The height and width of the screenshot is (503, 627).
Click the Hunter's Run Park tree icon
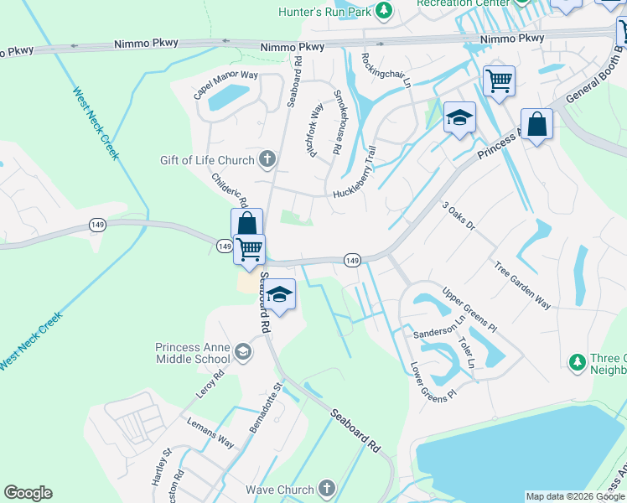pyautogui.click(x=384, y=10)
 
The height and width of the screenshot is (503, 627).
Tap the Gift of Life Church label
pyautogui.click(x=206, y=160)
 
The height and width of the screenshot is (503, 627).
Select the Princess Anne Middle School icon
pyautogui.click(x=243, y=350)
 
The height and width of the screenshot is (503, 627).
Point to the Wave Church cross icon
pyautogui.click(x=326, y=488)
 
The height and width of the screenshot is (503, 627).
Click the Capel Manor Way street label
pyautogui.click(x=225, y=85)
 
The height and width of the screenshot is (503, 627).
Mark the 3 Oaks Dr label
pyautogui.click(x=458, y=215)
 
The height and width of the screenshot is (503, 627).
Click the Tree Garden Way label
pyautogui.click(x=522, y=287)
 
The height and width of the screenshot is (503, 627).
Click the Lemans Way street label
pyautogui.click(x=210, y=433)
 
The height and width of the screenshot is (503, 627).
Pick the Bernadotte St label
pyautogui.click(x=267, y=408)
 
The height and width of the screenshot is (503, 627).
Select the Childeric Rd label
pyautogui.click(x=230, y=190)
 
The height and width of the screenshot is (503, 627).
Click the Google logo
pyautogui.click(x=28, y=493)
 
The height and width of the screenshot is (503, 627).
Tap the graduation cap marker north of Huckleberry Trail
pyautogui.click(x=459, y=117)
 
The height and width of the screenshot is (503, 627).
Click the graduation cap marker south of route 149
pyautogui.click(x=280, y=295)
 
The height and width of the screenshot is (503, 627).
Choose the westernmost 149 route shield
pyautogui.click(x=97, y=226)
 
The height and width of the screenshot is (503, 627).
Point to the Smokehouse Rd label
pyautogui.click(x=338, y=122)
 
